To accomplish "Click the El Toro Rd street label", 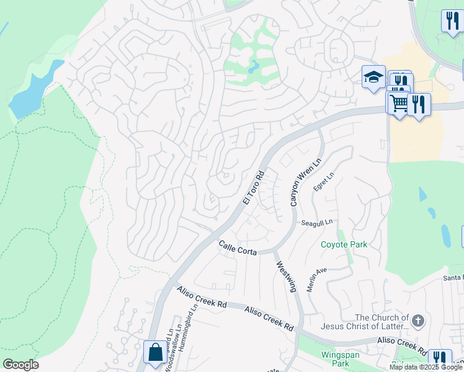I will (254, 188).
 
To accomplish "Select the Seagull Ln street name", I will (317, 222).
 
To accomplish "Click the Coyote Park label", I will (344, 244).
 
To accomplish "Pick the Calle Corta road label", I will (237, 247).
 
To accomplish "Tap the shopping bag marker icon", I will (154, 352).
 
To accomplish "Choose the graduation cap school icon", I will (373, 76).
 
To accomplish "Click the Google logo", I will (20, 365).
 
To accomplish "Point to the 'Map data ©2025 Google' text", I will (426, 367).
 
